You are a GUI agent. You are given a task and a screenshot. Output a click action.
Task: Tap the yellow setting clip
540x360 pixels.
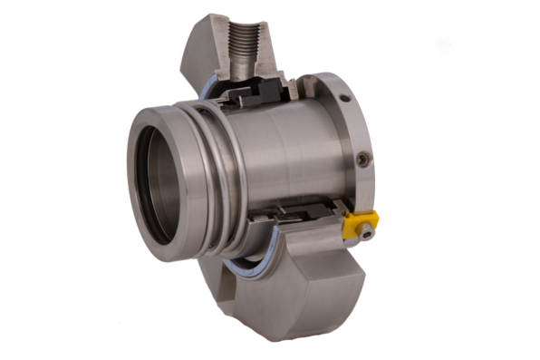[x=358, y=222]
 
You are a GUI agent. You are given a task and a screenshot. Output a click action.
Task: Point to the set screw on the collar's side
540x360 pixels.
[x=364, y=160]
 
